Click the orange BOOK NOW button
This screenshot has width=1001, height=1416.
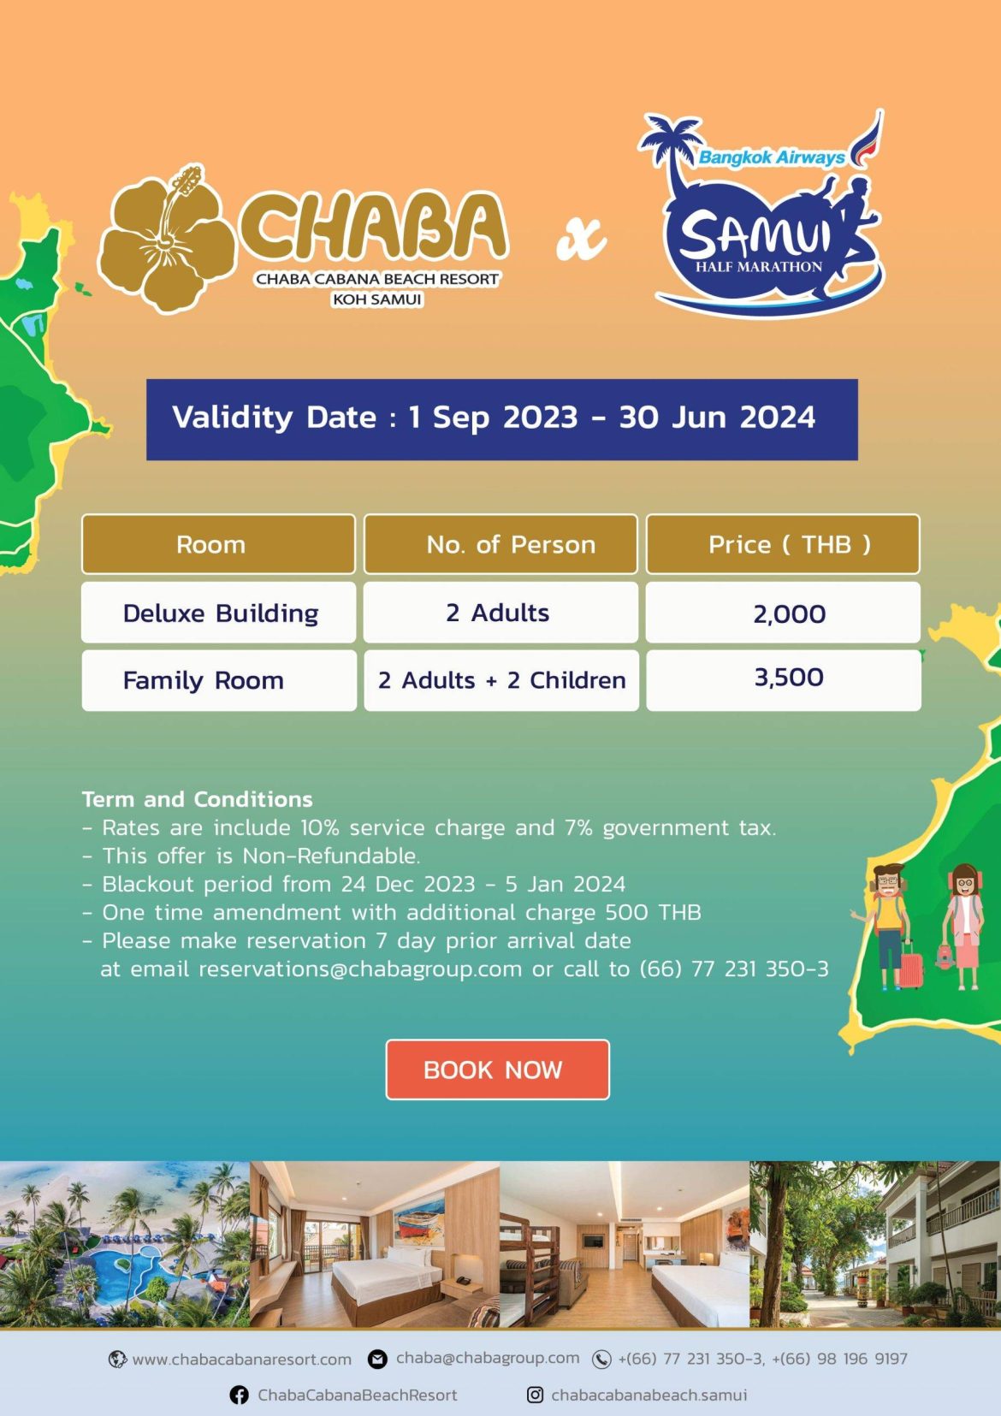coord(497,1069)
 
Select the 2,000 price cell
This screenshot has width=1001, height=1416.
coord(783,613)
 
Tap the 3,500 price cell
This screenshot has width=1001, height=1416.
coord(784,680)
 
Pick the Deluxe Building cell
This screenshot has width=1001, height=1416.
coord(219,613)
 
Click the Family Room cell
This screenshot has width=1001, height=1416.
coord(219,680)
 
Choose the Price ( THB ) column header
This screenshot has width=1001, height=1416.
coord(783,544)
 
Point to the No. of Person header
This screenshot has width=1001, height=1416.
coord(500,544)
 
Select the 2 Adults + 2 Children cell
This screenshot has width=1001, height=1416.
coord(501,680)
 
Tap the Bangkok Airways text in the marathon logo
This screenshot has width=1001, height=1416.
coord(771,157)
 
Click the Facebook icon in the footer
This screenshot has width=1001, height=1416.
coord(239,1395)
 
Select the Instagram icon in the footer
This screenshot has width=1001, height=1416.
coord(536,1394)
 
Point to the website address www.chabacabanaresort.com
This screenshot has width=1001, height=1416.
coord(241,1360)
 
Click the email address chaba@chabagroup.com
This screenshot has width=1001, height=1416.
coord(487,1358)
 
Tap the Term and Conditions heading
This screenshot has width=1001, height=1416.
coord(197,799)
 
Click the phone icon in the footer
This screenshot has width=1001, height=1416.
coord(601,1360)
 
